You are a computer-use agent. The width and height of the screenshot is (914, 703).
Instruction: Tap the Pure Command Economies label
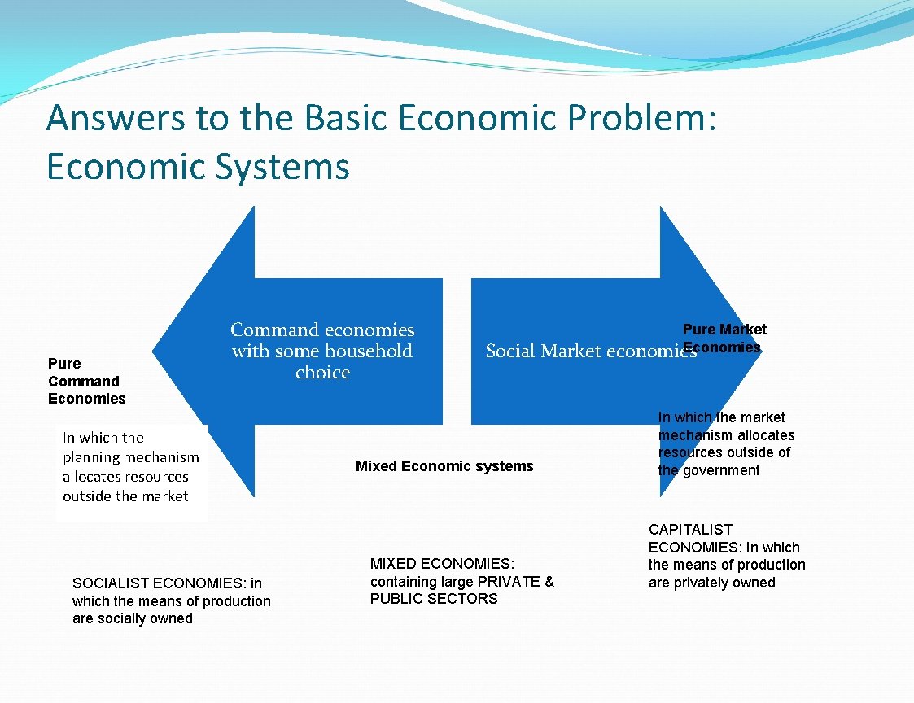(x=86, y=381)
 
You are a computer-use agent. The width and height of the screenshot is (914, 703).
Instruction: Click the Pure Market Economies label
(x=724, y=338)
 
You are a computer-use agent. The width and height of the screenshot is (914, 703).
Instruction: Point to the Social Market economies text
(x=591, y=351)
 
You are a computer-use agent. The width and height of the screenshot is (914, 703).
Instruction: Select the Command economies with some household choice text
(x=322, y=351)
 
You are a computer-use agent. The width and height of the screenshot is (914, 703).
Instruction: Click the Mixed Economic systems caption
(x=444, y=466)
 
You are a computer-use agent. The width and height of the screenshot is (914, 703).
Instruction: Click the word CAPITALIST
(x=690, y=530)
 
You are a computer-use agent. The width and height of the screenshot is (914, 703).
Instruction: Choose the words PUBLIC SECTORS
(x=434, y=599)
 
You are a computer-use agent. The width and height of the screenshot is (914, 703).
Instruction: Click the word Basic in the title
(x=348, y=118)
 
